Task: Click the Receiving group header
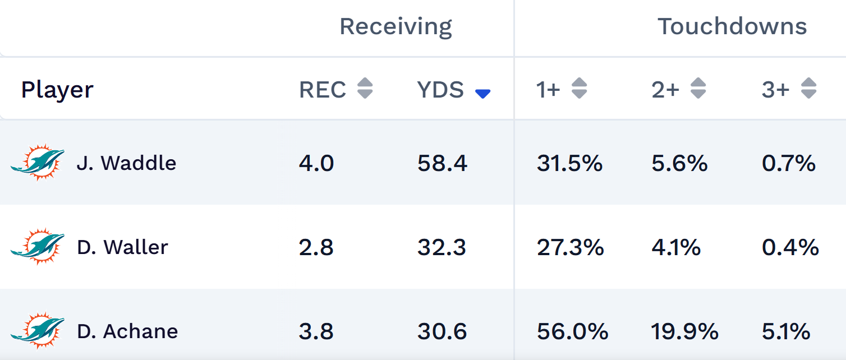point(396,27)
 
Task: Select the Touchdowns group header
point(732,27)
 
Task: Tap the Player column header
point(57,90)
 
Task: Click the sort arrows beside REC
point(365,89)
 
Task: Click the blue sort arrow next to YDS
point(482,94)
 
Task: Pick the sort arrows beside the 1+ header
point(579,89)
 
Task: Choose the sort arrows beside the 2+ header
point(698,89)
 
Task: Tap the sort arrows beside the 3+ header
point(808,89)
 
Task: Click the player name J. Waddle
point(126,163)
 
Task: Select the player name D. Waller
point(122,247)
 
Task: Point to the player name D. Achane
point(127,331)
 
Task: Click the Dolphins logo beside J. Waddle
point(38,163)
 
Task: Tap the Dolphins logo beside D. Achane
point(38,331)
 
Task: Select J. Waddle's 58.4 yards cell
point(442,163)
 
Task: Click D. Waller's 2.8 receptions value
point(316,247)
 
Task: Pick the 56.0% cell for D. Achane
point(572,331)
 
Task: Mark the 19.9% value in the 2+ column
point(684,331)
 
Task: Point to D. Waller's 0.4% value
point(790,247)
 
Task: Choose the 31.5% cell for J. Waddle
point(569,163)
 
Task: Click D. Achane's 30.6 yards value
point(442,331)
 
